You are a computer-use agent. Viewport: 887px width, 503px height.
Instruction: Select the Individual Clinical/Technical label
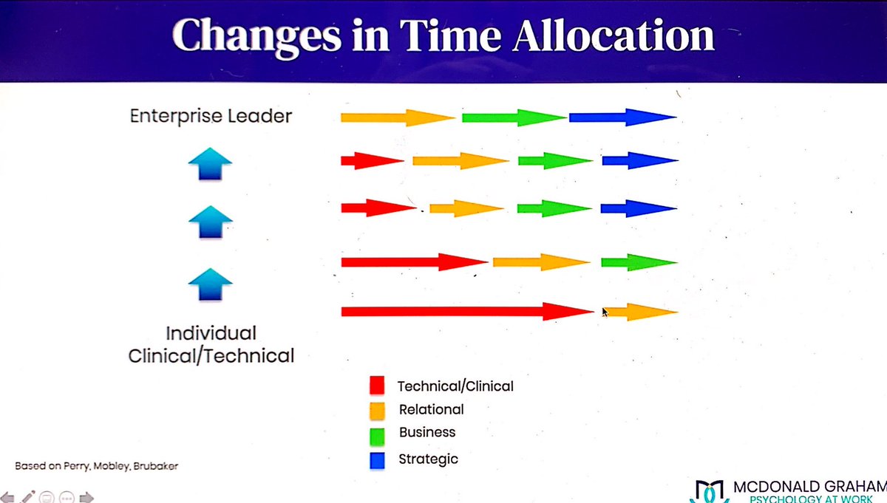pyautogui.click(x=211, y=343)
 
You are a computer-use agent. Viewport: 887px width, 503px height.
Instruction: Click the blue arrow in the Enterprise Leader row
pyautogui.click(x=622, y=117)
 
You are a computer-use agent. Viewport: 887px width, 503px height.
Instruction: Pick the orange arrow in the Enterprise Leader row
pyautogui.click(x=397, y=117)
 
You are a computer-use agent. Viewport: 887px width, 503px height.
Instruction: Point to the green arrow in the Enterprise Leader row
pyautogui.click(x=514, y=117)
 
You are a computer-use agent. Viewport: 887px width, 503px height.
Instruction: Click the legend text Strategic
pyautogui.click(x=429, y=459)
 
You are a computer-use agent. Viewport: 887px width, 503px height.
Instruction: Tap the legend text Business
pyautogui.click(x=427, y=432)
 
